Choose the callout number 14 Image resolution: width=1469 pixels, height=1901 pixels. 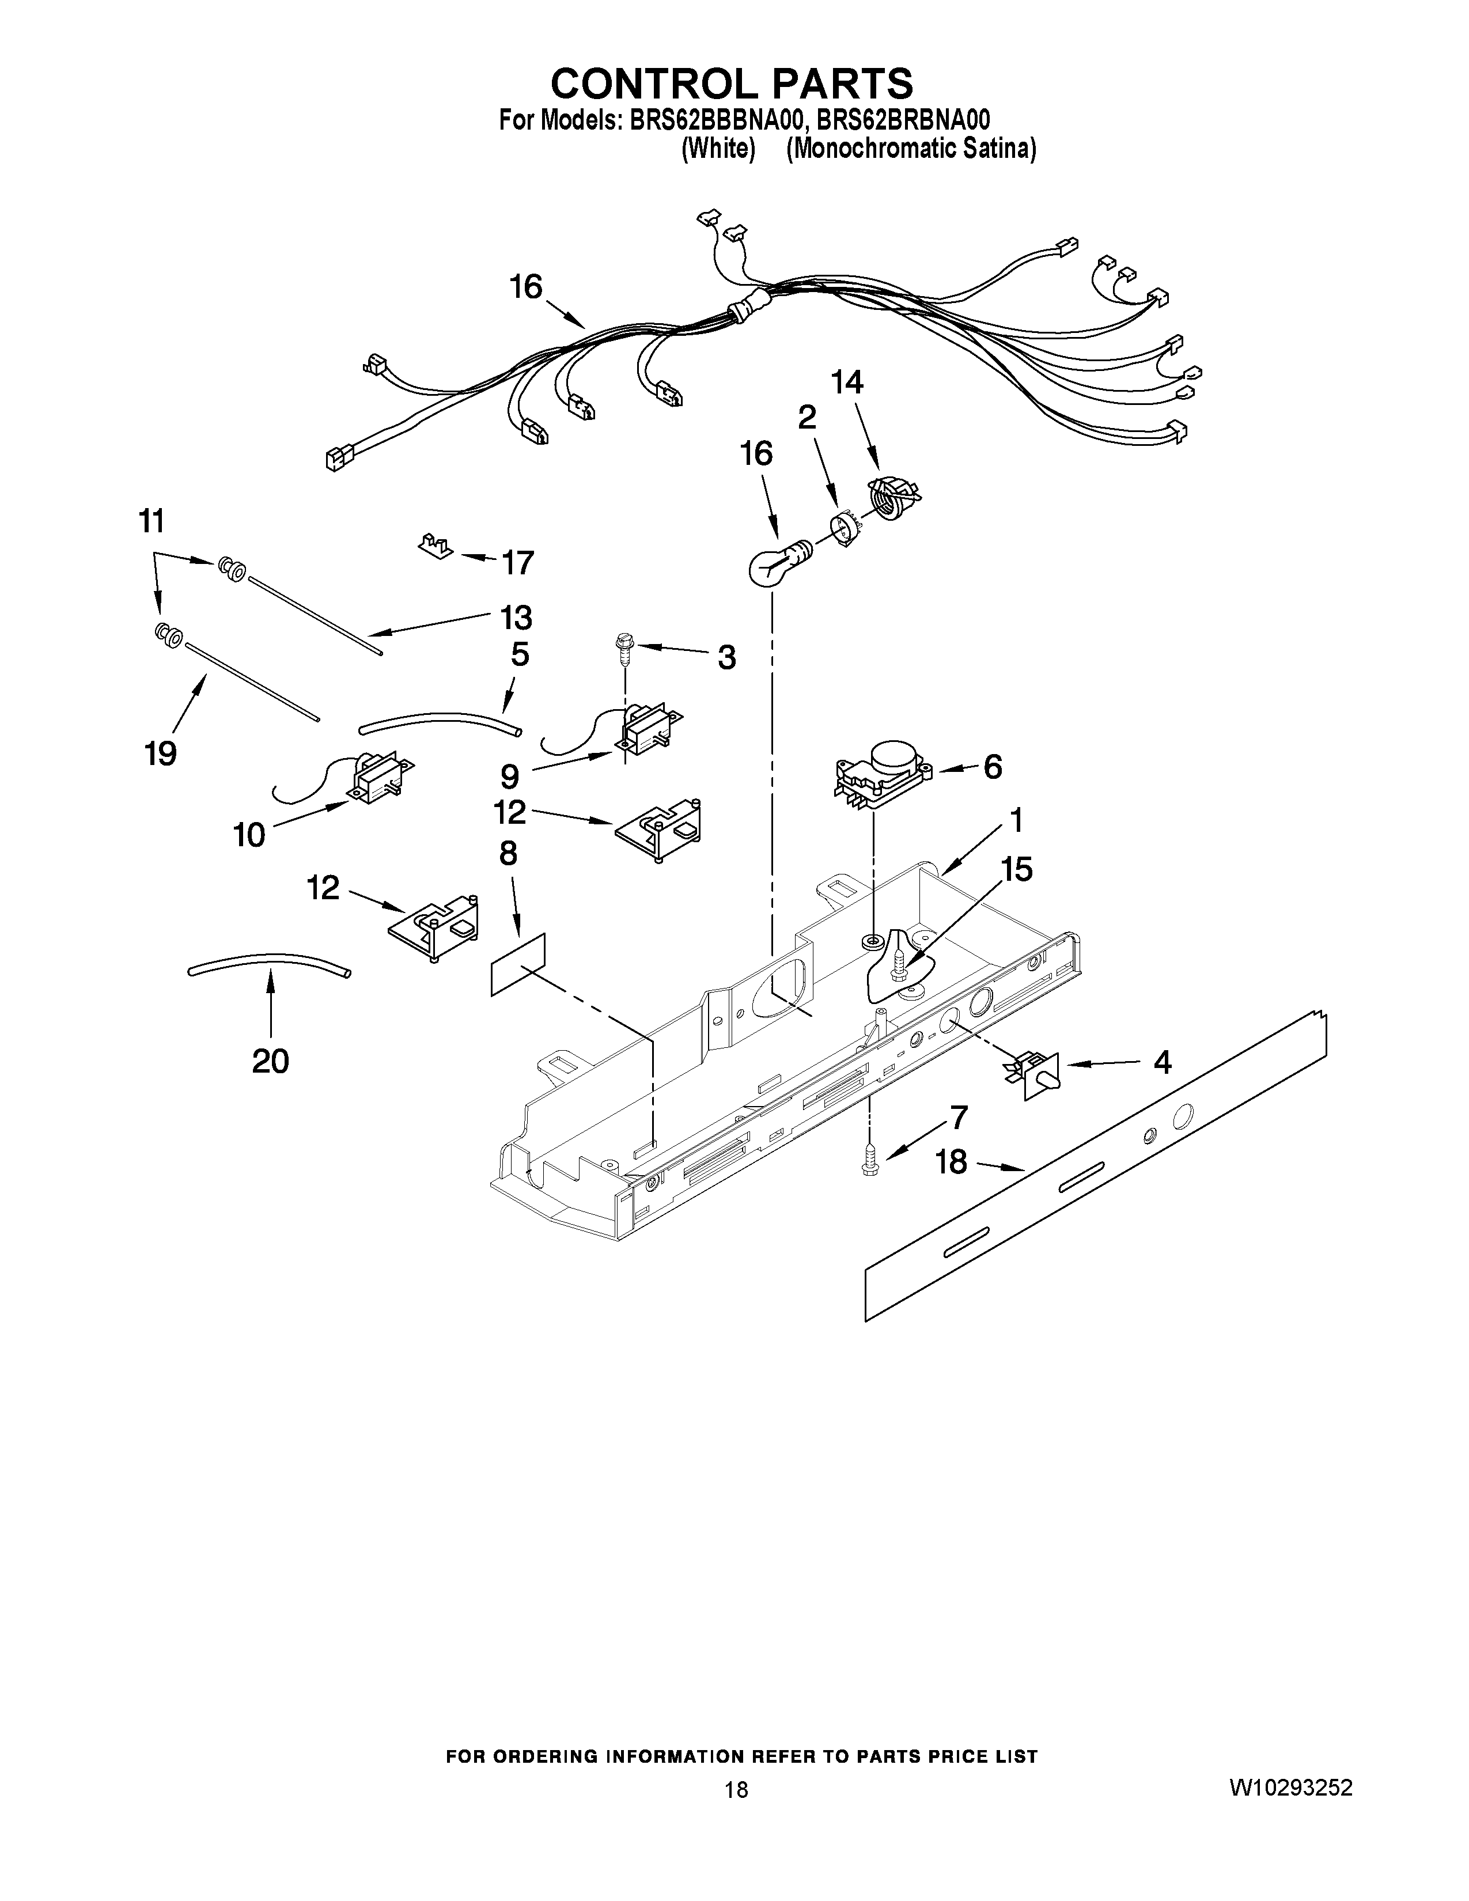tap(847, 383)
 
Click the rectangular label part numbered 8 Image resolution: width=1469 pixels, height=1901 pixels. tap(518, 964)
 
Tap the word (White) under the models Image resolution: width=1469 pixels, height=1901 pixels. tap(717, 150)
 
